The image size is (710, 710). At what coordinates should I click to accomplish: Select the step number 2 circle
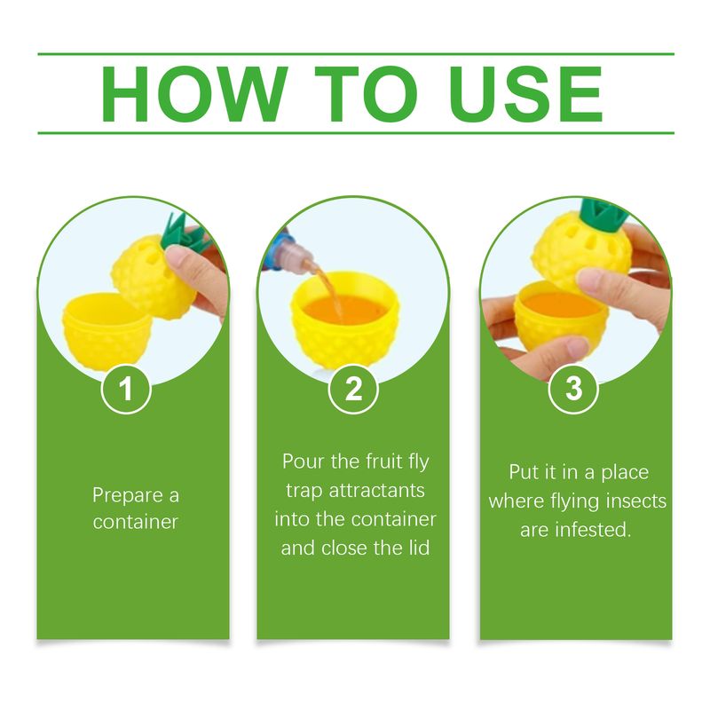pos(353,390)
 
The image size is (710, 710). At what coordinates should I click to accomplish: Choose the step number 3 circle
pos(573,390)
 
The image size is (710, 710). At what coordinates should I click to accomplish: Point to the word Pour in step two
pos(303,461)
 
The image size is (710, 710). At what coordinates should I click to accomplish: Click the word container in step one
pos(136,522)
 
